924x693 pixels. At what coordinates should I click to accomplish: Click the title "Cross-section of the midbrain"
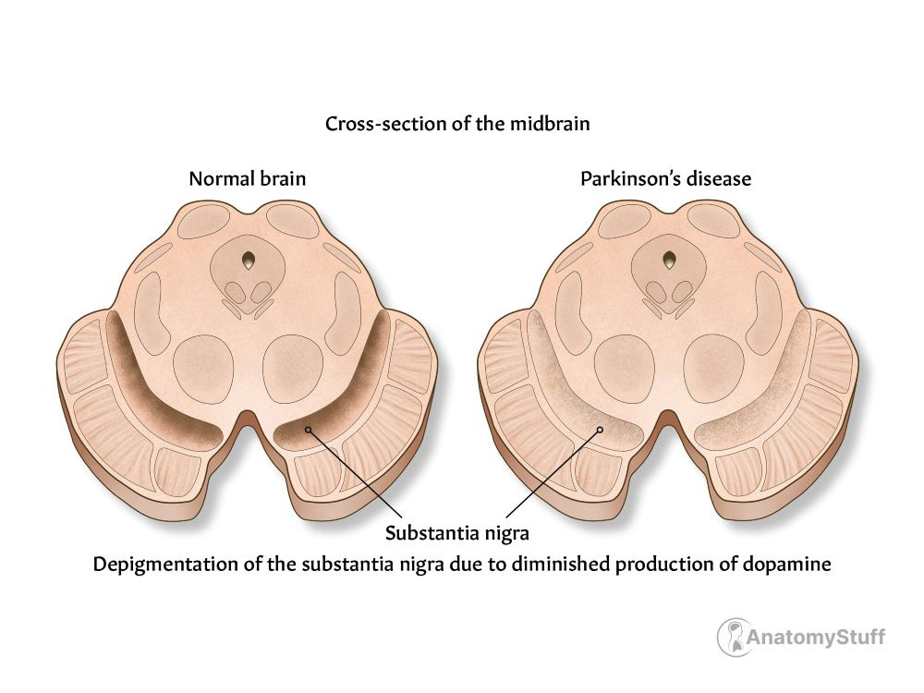tap(456, 124)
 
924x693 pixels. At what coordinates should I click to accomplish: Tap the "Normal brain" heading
tap(247, 178)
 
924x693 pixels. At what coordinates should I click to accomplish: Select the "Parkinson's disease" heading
tap(665, 178)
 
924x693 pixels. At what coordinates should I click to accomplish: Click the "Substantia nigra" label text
tap(456, 533)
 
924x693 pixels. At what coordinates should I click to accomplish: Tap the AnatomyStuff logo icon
tap(734, 637)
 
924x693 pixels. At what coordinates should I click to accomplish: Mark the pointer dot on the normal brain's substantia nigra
tap(308, 428)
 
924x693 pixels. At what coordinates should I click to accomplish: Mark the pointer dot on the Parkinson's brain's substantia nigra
tap(600, 429)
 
